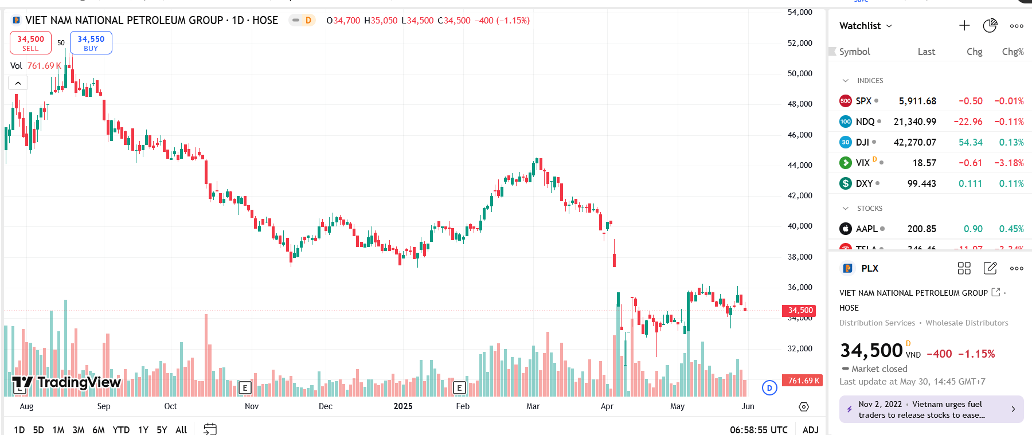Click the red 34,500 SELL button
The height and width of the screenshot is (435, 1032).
(30, 43)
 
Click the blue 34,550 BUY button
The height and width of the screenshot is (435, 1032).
(91, 43)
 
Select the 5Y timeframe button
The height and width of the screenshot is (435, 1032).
(162, 430)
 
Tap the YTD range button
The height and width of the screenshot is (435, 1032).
(121, 430)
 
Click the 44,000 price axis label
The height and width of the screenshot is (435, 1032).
(800, 165)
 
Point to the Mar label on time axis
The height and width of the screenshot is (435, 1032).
(533, 406)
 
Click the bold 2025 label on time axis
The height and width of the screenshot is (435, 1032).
(403, 406)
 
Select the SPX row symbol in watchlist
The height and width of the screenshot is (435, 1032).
(863, 101)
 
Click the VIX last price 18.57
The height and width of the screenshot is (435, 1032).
(924, 163)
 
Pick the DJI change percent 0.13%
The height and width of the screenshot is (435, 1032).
(1011, 142)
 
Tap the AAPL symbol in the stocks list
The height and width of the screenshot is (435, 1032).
(866, 229)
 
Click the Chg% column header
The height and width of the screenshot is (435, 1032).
(1013, 52)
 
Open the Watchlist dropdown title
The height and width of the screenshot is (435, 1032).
(865, 26)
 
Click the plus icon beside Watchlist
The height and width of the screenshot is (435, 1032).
(964, 26)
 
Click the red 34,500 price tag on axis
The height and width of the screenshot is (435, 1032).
(800, 311)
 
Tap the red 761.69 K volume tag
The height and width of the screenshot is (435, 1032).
(803, 381)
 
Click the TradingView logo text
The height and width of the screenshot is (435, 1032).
(79, 382)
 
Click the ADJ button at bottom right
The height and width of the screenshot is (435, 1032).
(810, 430)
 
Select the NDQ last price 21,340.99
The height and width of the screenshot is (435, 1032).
(914, 122)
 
